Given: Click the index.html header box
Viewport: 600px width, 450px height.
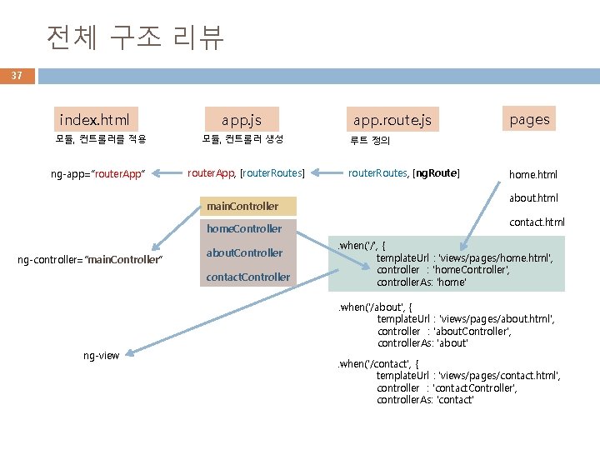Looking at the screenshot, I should [x=95, y=119].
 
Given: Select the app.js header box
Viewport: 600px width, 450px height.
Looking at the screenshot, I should [x=242, y=120].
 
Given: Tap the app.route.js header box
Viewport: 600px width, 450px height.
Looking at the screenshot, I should [x=392, y=120].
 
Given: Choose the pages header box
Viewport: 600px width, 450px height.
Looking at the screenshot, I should [x=529, y=119].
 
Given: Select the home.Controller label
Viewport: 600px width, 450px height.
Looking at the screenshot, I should [x=244, y=228].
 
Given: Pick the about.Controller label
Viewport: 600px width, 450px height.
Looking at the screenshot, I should [x=244, y=252].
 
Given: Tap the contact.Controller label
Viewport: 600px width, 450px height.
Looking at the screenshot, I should [x=247, y=277].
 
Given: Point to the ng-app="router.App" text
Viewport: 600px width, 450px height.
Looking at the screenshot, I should [x=98, y=173].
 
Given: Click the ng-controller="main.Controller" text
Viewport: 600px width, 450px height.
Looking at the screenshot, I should [x=90, y=260].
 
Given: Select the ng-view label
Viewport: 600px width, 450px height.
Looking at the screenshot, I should [x=101, y=356].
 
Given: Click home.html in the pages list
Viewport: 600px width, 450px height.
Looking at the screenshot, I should [x=533, y=174].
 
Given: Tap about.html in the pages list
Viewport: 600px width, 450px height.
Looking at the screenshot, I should [x=533, y=198].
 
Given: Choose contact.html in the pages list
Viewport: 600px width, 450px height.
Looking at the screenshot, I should [x=537, y=222].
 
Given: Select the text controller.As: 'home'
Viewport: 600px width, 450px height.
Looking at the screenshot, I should [x=421, y=282].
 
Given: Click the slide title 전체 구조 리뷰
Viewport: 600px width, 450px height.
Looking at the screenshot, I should [x=135, y=37].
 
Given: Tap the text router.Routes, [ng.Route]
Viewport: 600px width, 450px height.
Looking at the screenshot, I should [x=403, y=172].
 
